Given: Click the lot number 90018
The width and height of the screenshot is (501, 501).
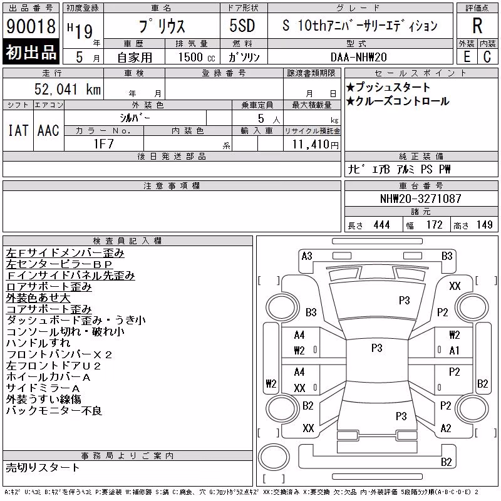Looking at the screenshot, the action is tap(31, 26).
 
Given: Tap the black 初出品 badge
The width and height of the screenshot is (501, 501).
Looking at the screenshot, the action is tap(31, 52).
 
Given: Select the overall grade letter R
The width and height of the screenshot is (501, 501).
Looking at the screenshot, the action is tap(477, 26).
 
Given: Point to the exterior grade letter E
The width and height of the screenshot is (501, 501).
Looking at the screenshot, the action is tap(467, 56).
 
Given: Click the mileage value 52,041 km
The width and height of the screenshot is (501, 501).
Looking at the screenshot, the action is tap(68, 89).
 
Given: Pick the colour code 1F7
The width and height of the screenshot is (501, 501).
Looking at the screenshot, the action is tap(103, 144).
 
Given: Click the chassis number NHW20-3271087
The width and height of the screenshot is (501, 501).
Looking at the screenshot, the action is tap(420, 199).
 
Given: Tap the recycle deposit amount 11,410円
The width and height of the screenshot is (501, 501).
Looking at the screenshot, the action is tap(316, 145).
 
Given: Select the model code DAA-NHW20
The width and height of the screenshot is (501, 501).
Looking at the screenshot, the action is tap(358, 57).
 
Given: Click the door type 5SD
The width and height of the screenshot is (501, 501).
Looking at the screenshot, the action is tap(242, 26).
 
